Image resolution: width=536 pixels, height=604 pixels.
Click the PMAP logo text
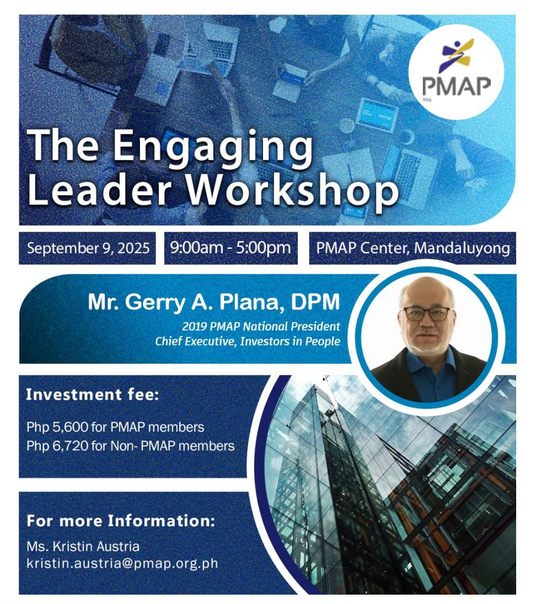coord(457,86)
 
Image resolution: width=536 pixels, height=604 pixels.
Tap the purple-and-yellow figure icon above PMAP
coord(457,56)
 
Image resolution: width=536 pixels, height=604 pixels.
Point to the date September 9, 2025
coord(88,248)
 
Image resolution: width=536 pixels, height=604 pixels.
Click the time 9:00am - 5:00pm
coord(231,248)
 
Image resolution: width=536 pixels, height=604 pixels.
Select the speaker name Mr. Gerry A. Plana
coord(183,302)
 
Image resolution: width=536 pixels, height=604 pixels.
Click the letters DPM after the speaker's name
coord(315,302)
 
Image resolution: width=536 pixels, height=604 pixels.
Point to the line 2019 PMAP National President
coord(261,327)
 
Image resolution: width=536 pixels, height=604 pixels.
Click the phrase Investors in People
coord(290,341)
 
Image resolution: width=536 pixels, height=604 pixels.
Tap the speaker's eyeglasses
coord(426,313)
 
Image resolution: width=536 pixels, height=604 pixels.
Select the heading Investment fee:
coord(93,395)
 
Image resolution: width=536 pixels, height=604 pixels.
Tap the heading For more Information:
coord(121,521)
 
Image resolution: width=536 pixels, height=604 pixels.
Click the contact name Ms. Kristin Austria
coord(83,546)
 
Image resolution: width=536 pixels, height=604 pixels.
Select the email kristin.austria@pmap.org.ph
coord(122,564)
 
